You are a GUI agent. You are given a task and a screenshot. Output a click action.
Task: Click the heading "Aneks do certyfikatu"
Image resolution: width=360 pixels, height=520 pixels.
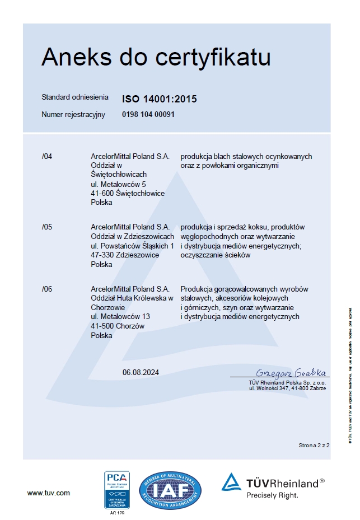[156, 58]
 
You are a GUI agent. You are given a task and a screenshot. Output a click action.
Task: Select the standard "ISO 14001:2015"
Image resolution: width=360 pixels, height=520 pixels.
[159, 100]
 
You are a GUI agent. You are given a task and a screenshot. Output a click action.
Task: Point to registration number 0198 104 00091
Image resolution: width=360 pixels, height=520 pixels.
[148, 114]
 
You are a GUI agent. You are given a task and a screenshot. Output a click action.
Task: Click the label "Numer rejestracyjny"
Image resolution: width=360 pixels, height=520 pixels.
[73, 114]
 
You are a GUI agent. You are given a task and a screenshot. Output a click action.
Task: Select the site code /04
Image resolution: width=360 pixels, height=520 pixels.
[47, 157]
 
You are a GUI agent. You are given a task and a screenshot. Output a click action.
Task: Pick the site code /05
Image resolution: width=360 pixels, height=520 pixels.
[47, 227]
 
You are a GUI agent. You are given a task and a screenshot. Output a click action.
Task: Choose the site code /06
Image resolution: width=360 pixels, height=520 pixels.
[47, 289]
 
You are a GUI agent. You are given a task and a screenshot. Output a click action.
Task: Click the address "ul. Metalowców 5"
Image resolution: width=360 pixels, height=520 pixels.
[118, 184]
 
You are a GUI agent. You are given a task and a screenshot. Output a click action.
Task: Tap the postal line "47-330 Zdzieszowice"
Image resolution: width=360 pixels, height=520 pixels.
[124, 255]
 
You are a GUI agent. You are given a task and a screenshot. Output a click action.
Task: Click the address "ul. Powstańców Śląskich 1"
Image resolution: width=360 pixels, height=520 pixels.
[132, 246]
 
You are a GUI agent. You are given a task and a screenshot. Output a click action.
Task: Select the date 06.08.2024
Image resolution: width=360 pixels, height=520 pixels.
[141, 372]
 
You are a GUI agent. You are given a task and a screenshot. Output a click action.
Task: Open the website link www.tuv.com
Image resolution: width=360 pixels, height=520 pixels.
[49, 493]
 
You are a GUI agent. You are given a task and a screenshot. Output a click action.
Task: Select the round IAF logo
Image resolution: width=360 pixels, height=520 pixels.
[170, 491]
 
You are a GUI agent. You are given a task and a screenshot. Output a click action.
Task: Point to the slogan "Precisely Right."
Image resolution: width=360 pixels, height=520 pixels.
[273, 495]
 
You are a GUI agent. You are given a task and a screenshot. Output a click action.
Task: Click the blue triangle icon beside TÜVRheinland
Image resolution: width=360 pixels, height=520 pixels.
[231, 482]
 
